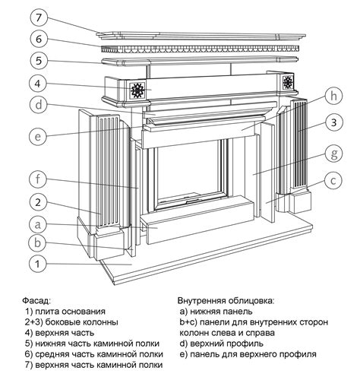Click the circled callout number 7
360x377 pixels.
click(x=38, y=18)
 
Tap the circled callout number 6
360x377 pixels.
click(x=38, y=40)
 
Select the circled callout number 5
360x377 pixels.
click(x=38, y=61)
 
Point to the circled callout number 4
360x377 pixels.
click(x=38, y=84)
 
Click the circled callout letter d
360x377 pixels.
click(x=38, y=104)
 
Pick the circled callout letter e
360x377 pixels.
click(x=38, y=136)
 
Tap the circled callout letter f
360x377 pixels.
click(x=38, y=179)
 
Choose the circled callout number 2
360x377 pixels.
click(x=38, y=202)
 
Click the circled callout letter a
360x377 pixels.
click(x=38, y=224)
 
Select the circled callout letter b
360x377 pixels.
click(x=38, y=243)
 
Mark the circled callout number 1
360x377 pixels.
click(x=38, y=264)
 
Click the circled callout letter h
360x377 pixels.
click(x=334, y=96)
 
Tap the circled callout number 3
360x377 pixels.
click(x=334, y=123)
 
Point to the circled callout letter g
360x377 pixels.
click(x=334, y=154)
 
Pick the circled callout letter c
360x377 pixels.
click(x=333, y=180)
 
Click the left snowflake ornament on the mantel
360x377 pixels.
click(x=137, y=90)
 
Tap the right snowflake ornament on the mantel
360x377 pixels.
click(x=288, y=82)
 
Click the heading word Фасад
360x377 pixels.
click(x=36, y=301)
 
